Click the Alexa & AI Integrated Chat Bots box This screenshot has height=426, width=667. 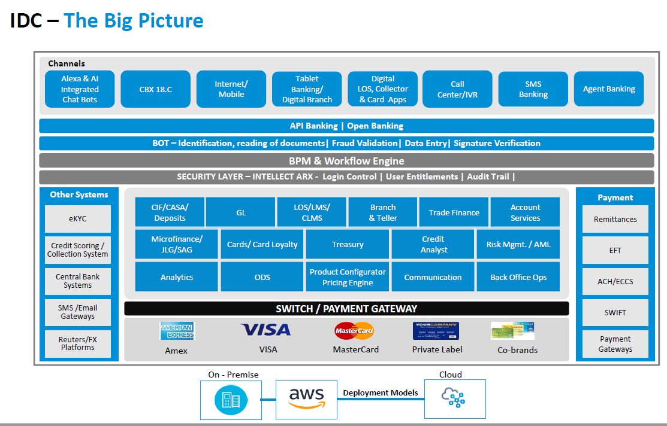point(80,89)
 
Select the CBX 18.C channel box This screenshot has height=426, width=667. point(155,89)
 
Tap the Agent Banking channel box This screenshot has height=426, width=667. point(609,89)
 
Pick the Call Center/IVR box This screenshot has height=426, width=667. point(457,89)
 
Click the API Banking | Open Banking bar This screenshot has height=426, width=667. point(346,126)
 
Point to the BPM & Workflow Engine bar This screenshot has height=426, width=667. point(346,161)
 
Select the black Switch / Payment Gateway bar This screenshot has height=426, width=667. point(346,309)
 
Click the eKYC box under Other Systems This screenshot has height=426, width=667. point(78,219)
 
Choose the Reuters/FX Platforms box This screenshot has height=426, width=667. point(78,343)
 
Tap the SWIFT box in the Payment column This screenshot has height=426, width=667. point(615,312)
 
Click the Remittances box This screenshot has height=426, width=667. point(615,219)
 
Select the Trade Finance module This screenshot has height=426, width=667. point(454,212)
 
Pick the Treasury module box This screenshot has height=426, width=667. point(348,244)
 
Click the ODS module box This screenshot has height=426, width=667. point(262,277)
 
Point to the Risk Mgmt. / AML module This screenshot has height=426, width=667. point(518,244)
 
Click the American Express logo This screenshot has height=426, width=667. point(177,331)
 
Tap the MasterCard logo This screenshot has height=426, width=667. point(354,330)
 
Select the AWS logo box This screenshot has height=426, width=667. point(306,398)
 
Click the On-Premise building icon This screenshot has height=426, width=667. point(231,399)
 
